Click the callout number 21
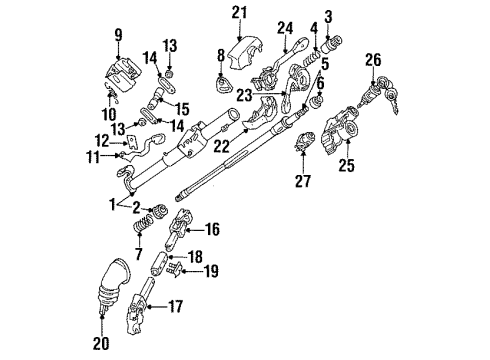[239, 13]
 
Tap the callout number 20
[101, 343]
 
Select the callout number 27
[303, 181]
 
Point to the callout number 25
[347, 165]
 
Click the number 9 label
[119, 35]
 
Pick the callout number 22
[222, 146]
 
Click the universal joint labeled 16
[179, 229]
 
